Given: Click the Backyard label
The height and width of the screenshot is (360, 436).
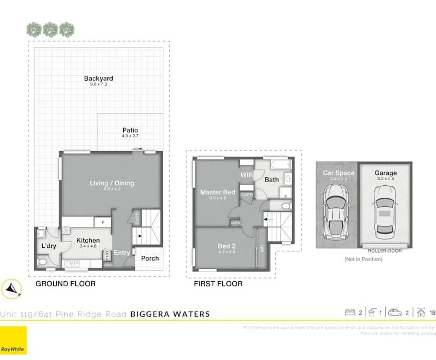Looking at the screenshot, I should pos(98,79).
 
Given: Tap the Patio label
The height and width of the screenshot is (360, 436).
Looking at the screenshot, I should pos(130,131).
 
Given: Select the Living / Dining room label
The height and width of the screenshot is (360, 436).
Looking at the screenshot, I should pos(112,183).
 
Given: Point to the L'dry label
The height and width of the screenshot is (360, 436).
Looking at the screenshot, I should pos(48,246).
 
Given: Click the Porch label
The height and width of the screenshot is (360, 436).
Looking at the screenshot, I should pos(150,258).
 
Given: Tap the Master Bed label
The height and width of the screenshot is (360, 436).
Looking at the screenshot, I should pos(217,193).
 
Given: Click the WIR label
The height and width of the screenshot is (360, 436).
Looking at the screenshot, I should pos(247,175).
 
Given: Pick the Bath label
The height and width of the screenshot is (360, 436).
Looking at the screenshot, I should pos(272,179).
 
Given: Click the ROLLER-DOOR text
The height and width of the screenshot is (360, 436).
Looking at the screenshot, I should pos(385,251).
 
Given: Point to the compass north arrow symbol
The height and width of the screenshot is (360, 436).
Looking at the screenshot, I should pos(11,288).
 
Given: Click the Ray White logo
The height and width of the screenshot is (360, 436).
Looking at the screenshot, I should pos(14,340).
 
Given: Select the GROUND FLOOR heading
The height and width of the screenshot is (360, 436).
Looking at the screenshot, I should pos(65,284).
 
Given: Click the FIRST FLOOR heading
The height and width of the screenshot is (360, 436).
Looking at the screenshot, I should pos(218,284).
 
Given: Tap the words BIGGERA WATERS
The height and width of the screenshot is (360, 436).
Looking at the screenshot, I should pos(170,314).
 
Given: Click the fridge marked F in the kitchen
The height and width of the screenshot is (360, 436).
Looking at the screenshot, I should pos(102,223).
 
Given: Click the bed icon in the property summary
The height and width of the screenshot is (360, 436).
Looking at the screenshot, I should pos(350,313).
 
